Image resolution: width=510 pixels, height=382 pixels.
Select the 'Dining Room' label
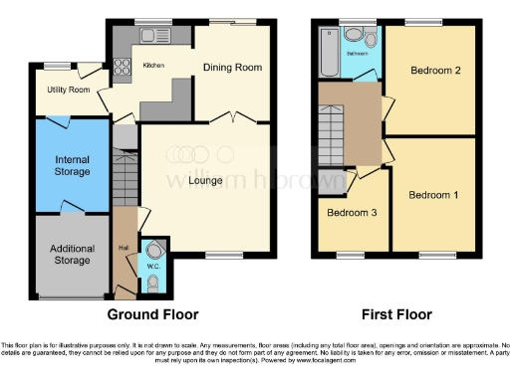coord(232,68)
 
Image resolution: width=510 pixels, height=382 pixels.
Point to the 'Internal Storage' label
coord(72,165)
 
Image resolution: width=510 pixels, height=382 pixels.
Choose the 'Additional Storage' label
coord(71,255)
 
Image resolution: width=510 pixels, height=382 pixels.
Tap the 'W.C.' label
coord(152,266)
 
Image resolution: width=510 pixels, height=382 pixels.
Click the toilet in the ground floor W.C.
coord(151,285)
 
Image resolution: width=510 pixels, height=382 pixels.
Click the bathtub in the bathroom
coord(330,45)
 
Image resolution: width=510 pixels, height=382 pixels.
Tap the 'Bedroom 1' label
coord(433,194)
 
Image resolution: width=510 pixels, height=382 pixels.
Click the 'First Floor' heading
coord(396,314)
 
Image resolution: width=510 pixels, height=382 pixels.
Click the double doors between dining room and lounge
coord(232,117)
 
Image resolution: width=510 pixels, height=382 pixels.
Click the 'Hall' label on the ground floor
coord(123,248)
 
